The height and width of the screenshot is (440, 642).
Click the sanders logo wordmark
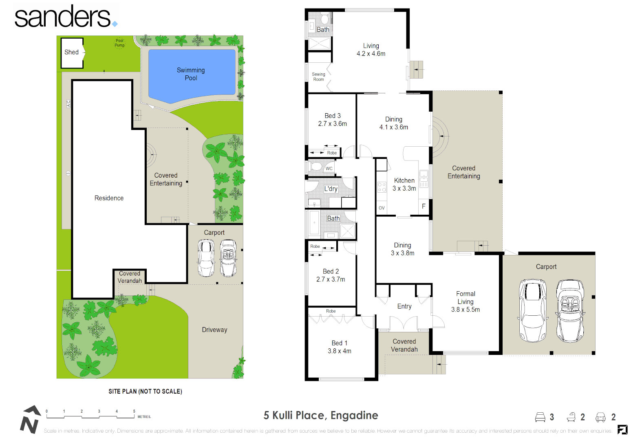(63, 17)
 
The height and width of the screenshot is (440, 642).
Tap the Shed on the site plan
(72, 52)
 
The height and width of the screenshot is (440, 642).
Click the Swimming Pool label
(191, 74)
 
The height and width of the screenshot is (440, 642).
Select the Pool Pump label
(119, 43)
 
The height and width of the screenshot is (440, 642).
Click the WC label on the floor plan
(329, 168)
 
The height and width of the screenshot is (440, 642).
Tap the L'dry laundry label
(331, 189)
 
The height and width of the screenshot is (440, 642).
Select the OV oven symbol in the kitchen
(382, 208)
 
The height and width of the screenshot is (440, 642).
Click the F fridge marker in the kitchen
(424, 206)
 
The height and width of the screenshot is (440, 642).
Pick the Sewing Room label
(318, 77)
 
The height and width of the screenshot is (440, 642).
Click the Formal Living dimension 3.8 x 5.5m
(466, 310)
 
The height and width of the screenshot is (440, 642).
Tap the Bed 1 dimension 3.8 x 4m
(340, 351)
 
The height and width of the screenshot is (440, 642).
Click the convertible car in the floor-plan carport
(570, 310)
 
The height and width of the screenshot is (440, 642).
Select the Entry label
(404, 306)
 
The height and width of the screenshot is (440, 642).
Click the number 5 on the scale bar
(134, 411)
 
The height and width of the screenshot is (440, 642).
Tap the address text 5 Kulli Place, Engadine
(321, 416)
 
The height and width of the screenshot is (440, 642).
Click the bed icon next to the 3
(540, 417)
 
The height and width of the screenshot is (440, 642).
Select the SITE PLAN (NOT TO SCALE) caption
(145, 392)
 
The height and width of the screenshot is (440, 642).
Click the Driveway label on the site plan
(214, 330)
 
